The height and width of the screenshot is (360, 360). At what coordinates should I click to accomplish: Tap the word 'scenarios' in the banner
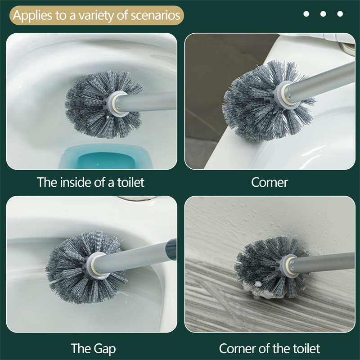(x=155, y=15)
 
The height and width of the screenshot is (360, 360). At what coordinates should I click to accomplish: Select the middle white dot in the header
(x=323, y=14)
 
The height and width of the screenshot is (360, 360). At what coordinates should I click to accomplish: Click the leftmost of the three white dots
(x=306, y=14)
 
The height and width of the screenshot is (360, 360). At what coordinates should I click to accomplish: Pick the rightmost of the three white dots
(x=340, y=14)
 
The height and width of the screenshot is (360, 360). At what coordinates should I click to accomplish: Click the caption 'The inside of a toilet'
(x=91, y=182)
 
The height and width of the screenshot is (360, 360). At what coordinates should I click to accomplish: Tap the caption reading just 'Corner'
(x=270, y=183)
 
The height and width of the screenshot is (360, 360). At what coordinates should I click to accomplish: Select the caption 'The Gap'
(x=93, y=349)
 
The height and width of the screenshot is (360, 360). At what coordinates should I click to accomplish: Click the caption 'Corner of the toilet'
(x=270, y=348)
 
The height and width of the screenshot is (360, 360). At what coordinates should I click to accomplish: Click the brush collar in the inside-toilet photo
(x=117, y=104)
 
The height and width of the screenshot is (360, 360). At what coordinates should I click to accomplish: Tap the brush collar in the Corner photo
(x=287, y=94)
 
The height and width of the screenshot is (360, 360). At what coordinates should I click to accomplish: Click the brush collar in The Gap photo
(x=96, y=265)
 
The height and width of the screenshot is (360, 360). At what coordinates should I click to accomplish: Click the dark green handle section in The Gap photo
(x=171, y=249)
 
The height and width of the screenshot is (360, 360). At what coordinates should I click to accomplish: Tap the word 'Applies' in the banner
(x=32, y=16)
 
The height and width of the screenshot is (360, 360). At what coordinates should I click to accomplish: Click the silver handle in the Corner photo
(x=321, y=83)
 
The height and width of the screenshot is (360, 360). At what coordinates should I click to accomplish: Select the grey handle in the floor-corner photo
(x=323, y=262)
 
